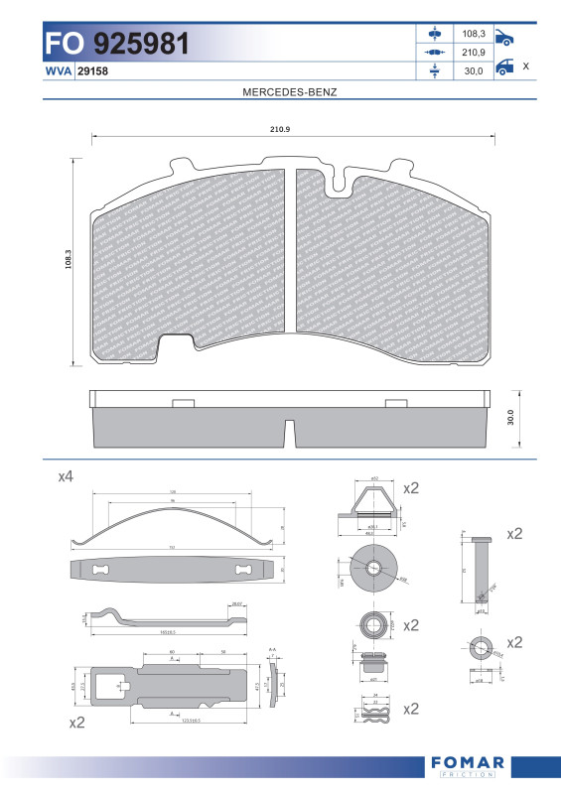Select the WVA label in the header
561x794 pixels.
(58, 71)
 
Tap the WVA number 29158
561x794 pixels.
(92, 71)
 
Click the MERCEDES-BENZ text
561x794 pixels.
(290, 91)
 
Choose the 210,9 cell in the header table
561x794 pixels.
(473, 52)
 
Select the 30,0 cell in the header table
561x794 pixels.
(473, 70)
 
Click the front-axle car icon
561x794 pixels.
(504, 38)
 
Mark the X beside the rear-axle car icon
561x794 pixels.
(525, 66)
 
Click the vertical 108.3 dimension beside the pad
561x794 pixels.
(70, 261)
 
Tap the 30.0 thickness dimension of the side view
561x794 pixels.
(511, 417)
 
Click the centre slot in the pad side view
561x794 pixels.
(290, 433)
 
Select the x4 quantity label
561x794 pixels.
(66, 477)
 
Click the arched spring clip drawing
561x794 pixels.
(175, 527)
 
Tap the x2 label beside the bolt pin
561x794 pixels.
(514, 534)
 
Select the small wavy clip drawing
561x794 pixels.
(373, 712)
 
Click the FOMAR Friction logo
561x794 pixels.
(469, 766)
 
